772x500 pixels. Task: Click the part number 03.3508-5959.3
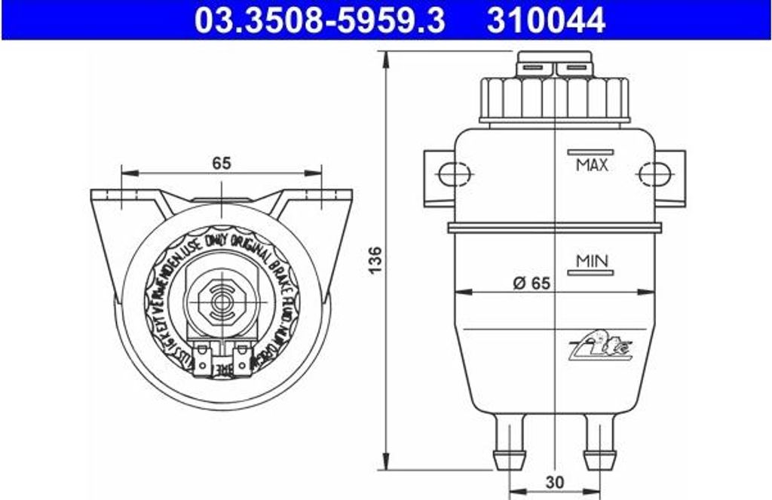click(319, 20)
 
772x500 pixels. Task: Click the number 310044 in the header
click(546, 20)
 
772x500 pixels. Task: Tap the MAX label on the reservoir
click(591, 164)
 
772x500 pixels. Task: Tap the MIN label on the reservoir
click(592, 261)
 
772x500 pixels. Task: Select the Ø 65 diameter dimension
click(531, 284)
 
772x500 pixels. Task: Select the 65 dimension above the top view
click(221, 162)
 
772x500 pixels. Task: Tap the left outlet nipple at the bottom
click(510, 445)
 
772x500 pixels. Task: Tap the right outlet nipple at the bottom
click(599, 445)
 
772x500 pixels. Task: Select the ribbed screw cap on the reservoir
click(554, 98)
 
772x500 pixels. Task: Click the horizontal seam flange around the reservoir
click(554, 226)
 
